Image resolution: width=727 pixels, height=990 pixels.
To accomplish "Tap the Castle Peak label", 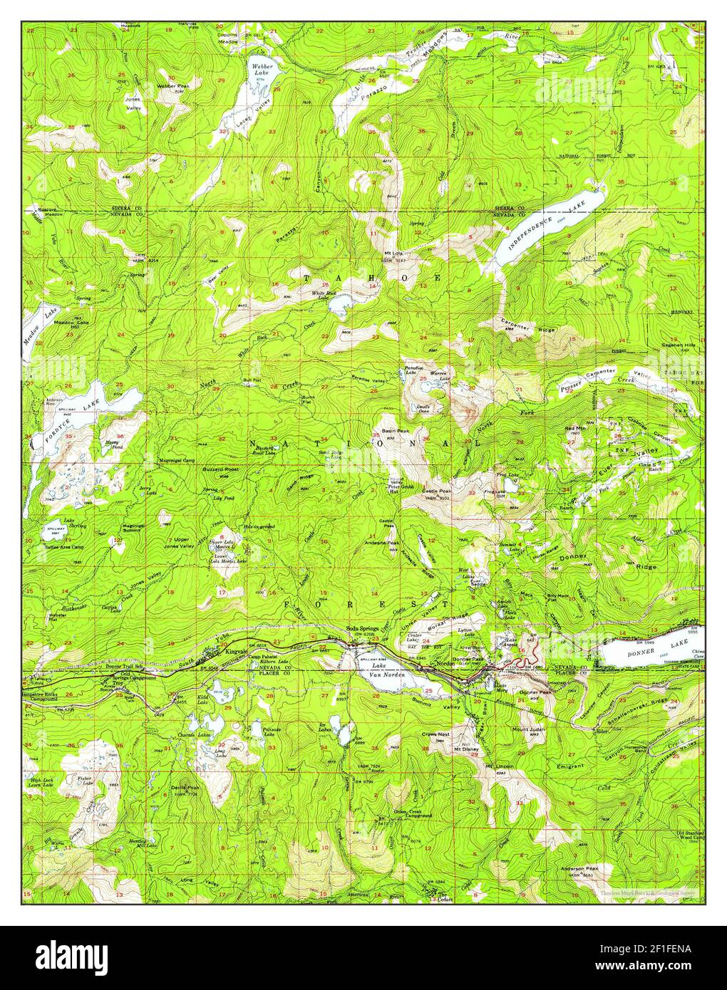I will [433, 491].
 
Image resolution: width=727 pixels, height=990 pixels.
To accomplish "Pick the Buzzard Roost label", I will [186, 471].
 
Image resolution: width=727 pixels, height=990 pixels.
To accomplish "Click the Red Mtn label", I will [574, 428].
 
